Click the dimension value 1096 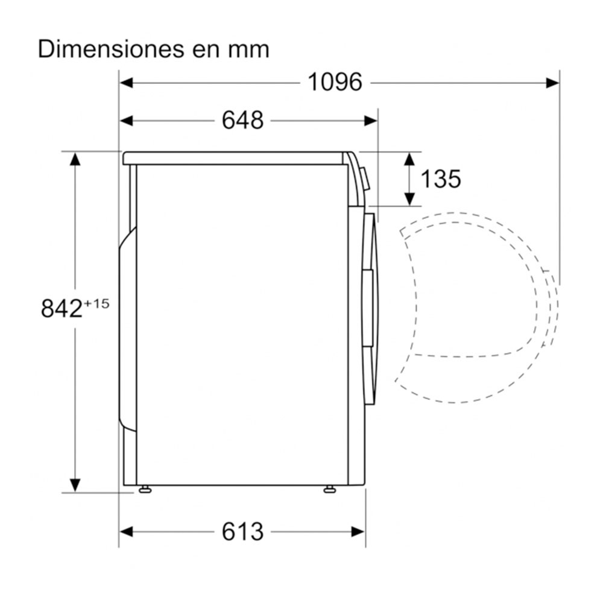[x=335, y=82]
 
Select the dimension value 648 [x=242, y=120]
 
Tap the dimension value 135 [x=440, y=178]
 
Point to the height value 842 [x=62, y=308]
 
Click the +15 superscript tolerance [x=97, y=303]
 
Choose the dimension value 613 [x=242, y=531]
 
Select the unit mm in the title [x=248, y=49]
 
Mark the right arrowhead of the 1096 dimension [x=553, y=83]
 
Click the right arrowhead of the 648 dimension [x=371, y=121]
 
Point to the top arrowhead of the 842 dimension [x=75, y=159]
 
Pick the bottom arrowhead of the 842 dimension [x=75, y=484]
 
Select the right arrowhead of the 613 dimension [x=358, y=531]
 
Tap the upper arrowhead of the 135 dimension [x=409, y=159]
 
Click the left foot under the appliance [x=145, y=489]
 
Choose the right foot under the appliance [x=330, y=489]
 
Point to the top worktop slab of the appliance [x=235, y=158]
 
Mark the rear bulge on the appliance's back [x=127, y=329]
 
